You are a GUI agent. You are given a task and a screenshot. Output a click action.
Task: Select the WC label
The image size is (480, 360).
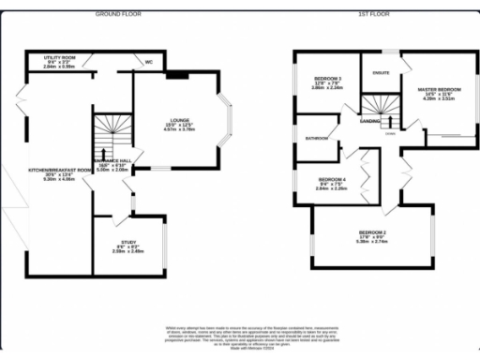tap(149, 63)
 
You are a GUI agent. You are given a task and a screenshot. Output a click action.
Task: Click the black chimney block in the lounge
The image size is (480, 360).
tap(177, 74)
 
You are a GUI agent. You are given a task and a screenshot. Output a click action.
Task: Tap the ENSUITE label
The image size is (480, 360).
tap(382, 72)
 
